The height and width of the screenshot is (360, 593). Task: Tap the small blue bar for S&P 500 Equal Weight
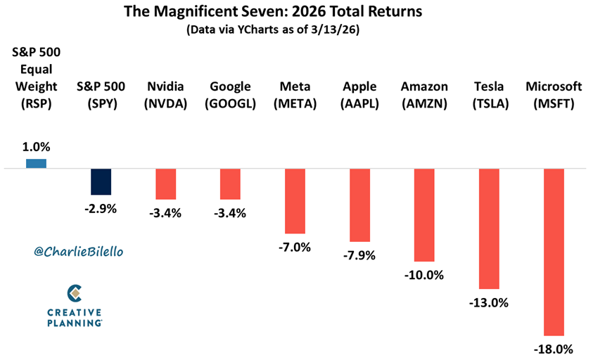37,164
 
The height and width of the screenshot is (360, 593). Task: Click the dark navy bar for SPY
101,181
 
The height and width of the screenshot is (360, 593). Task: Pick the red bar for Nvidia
166,184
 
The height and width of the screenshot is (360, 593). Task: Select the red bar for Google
230,184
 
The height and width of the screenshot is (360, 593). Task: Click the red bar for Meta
295,201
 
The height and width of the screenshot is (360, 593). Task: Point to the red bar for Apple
359,205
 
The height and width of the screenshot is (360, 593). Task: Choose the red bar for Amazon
424,215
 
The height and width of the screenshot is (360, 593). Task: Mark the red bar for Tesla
489,229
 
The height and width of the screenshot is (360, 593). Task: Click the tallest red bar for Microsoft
554,252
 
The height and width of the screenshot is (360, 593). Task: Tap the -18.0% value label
554,349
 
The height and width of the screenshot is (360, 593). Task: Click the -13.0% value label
489,303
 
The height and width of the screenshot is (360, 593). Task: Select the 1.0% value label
37,147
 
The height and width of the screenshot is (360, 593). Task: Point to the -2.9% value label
101,209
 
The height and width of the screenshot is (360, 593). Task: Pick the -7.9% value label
359,255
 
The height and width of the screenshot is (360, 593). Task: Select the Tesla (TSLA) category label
490,95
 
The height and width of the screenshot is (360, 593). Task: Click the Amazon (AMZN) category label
425,95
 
